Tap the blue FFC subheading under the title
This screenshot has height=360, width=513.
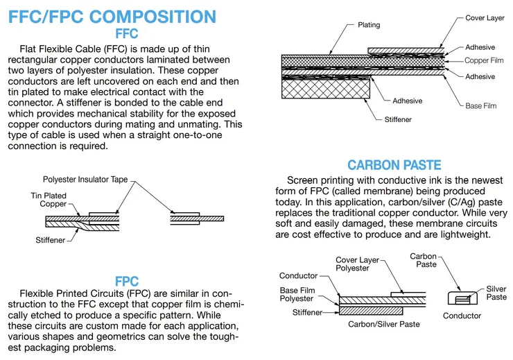(126, 33)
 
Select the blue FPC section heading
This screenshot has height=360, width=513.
(127, 282)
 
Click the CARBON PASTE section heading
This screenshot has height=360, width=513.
(394, 165)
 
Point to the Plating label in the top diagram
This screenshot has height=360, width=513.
(369, 25)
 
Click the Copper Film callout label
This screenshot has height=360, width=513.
(485, 61)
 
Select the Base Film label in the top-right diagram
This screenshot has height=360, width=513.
(480, 105)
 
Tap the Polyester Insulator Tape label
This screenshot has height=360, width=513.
(85, 179)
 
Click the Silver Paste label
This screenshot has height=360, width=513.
(496, 293)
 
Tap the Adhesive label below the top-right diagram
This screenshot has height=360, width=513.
(407, 101)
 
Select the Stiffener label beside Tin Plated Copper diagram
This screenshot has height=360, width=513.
(51, 240)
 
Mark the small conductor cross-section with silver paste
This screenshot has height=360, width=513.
(462, 298)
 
